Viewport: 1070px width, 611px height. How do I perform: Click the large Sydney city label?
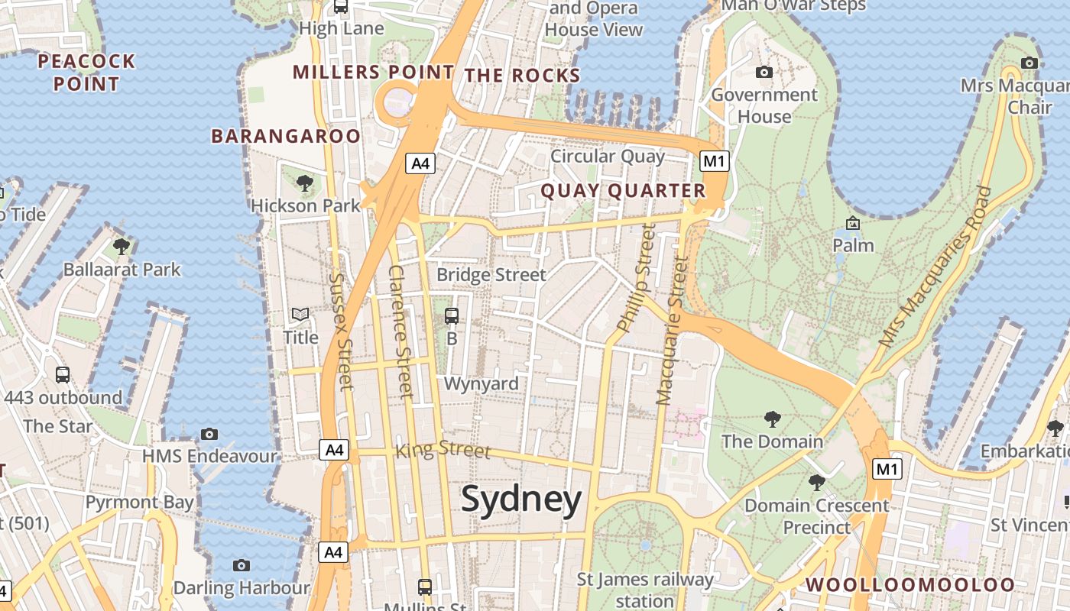(x=521, y=500)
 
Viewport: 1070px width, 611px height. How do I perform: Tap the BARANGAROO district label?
(x=285, y=137)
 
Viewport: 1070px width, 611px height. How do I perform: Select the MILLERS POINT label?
(x=374, y=73)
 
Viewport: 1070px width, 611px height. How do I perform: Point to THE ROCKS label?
(x=523, y=76)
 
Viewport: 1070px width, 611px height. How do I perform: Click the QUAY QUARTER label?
(x=623, y=191)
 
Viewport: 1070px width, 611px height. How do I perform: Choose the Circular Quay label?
(x=608, y=157)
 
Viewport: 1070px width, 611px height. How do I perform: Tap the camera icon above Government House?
(x=764, y=73)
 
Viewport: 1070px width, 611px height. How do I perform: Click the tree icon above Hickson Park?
(x=305, y=183)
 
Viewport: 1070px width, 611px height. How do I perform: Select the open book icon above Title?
(x=300, y=315)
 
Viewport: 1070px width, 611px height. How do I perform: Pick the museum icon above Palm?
(x=853, y=224)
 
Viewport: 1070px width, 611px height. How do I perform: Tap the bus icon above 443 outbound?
(x=63, y=375)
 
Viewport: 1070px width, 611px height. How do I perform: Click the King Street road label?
(x=443, y=450)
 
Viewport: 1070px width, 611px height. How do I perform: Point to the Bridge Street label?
(x=491, y=275)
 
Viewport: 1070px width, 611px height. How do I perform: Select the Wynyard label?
(x=481, y=383)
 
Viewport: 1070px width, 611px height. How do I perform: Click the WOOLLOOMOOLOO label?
(x=911, y=585)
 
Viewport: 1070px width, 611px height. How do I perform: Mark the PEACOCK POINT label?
(x=86, y=73)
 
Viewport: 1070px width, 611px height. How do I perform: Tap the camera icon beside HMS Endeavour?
(x=209, y=435)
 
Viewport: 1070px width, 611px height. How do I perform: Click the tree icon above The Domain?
(x=773, y=419)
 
